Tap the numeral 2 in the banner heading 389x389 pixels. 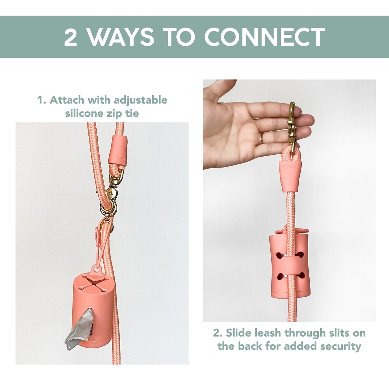point(71,37)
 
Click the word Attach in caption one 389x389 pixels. point(67,100)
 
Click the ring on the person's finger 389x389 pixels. point(261,138)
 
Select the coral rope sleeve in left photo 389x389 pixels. point(118,150)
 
